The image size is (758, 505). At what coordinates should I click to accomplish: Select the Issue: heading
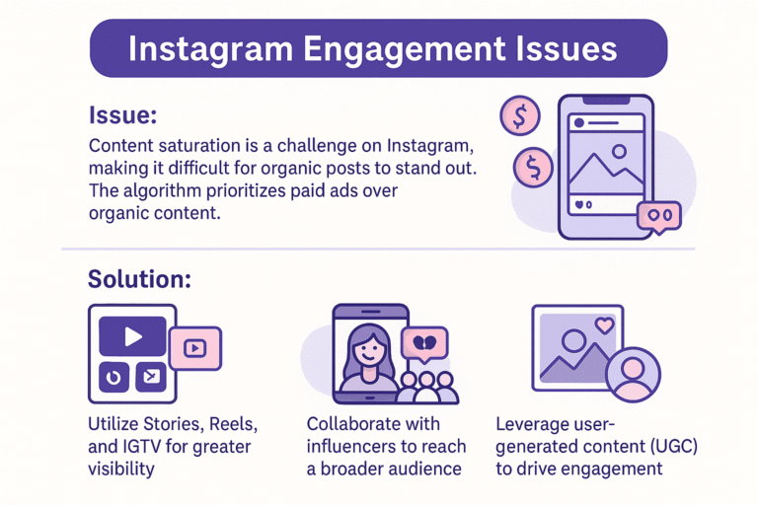(122, 115)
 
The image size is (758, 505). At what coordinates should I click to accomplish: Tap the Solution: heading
(139, 278)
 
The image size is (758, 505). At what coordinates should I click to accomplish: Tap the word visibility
(121, 469)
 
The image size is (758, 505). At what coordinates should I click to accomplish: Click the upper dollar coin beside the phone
(520, 116)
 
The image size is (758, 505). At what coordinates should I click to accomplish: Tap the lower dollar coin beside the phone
(533, 166)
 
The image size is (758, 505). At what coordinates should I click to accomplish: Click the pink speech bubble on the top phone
(658, 215)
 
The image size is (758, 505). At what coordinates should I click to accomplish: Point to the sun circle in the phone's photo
(619, 152)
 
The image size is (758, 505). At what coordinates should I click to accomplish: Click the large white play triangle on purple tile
(132, 336)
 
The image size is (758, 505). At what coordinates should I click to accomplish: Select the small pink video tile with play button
(194, 347)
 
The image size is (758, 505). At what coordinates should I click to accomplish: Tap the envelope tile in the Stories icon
(151, 377)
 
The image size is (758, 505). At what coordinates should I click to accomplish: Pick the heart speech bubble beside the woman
(425, 342)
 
